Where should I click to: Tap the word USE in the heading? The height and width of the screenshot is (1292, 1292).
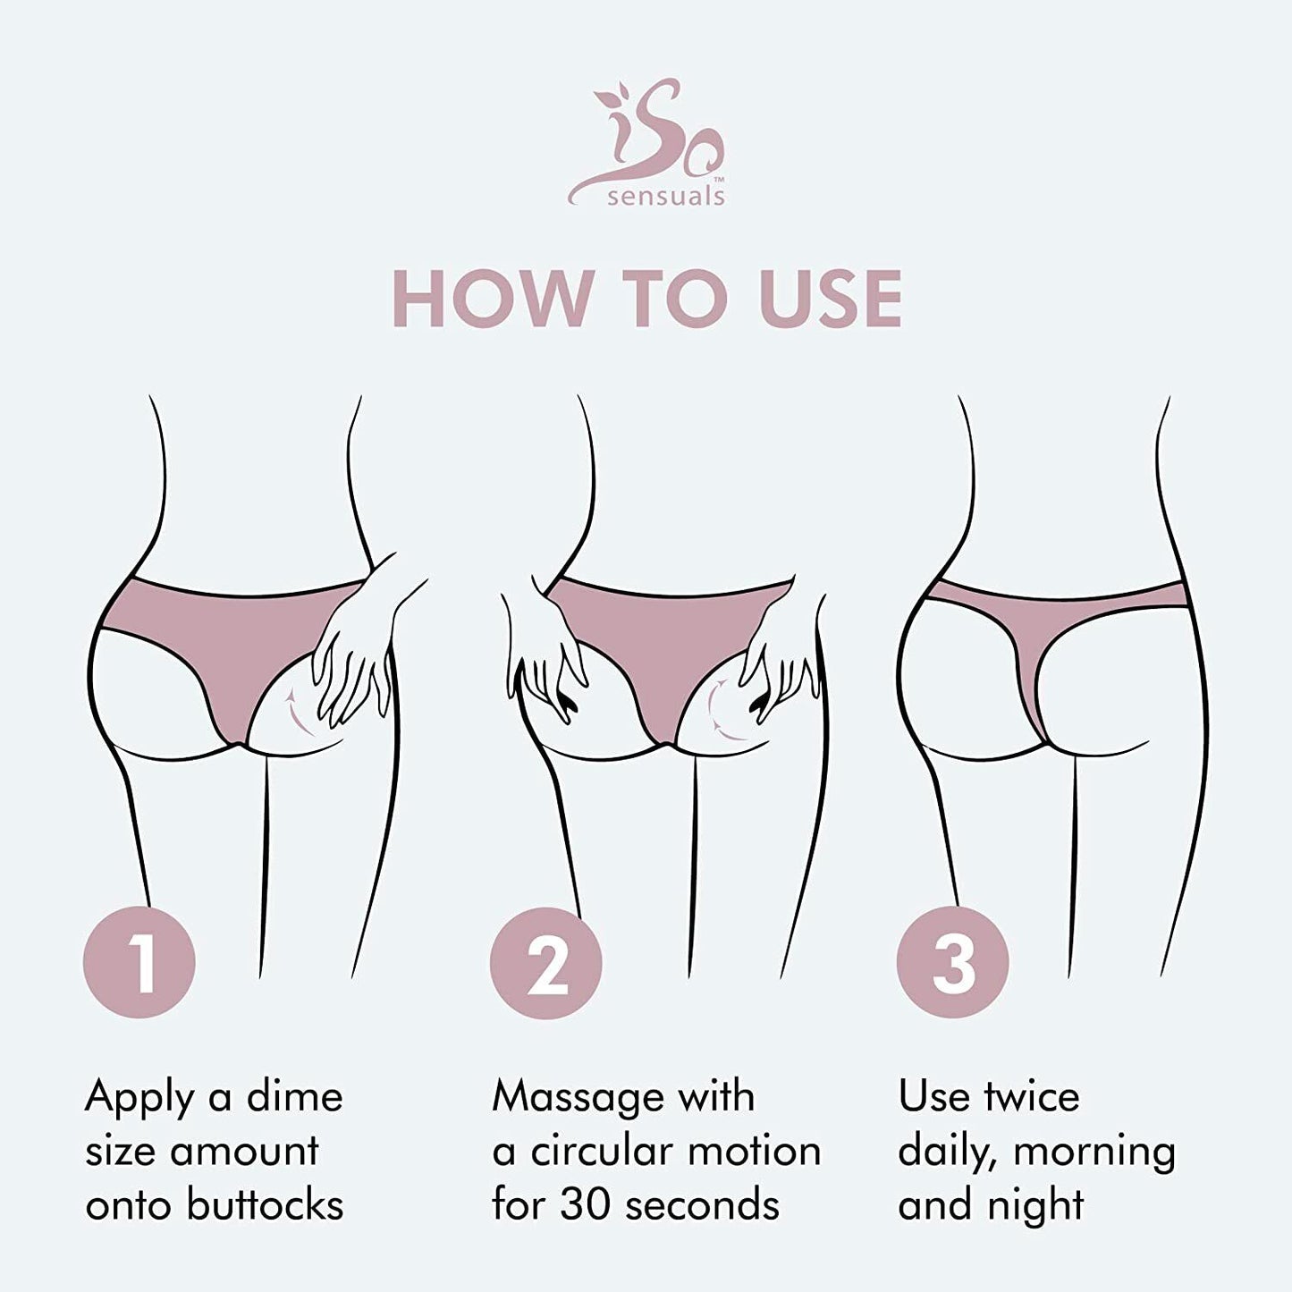pos(831,299)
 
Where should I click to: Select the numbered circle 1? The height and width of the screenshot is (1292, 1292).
pos(139,962)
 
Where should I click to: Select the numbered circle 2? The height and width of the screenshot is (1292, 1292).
pos(545,962)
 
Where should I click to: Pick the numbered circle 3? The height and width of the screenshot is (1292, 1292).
pos(952,962)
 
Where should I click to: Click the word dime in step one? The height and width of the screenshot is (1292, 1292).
pos(294,1097)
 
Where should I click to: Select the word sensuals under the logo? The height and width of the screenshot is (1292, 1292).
pos(665,197)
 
